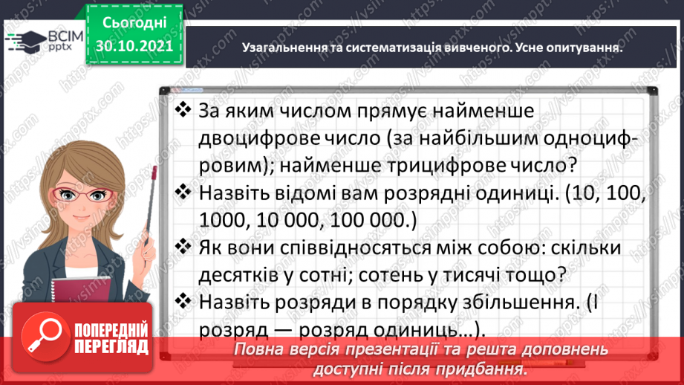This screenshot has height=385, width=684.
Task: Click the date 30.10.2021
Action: pos(134,46)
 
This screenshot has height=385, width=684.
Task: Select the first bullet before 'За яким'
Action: pos(182,111)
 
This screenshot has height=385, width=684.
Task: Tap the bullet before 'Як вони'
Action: pos(182,247)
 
